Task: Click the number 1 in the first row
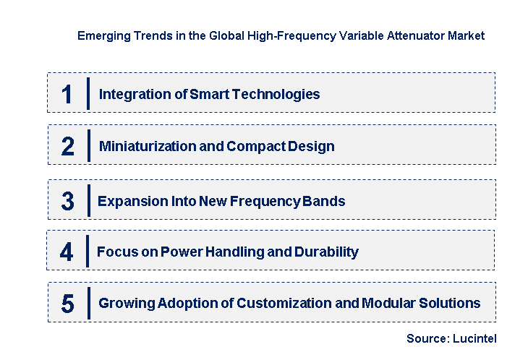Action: (x=67, y=95)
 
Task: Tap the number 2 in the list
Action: (x=67, y=147)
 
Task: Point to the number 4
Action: (x=67, y=252)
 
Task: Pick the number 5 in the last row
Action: (x=67, y=304)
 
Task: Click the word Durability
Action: (x=324, y=252)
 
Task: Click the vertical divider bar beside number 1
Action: (x=88, y=93)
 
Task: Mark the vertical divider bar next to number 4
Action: (x=87, y=251)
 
